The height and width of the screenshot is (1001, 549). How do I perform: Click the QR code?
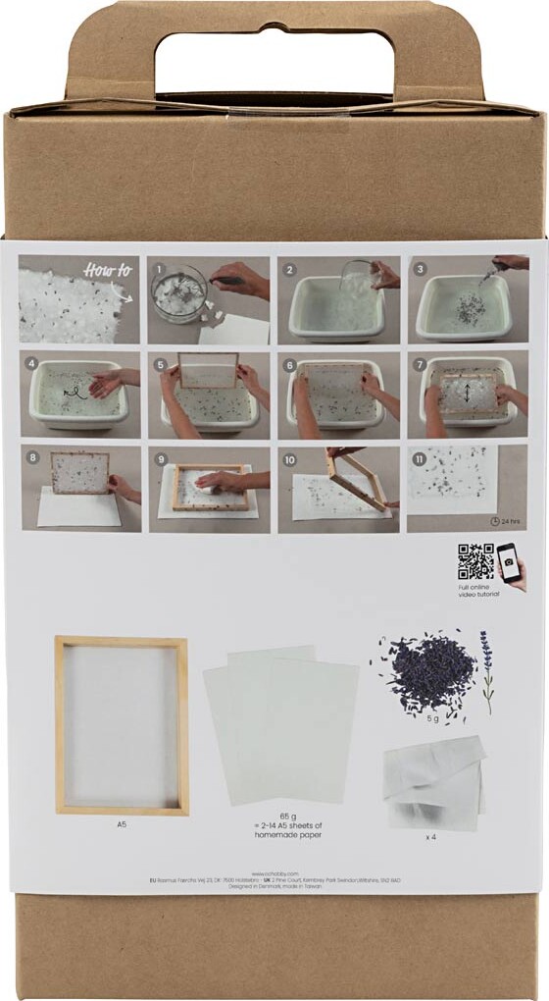pyautogui.click(x=475, y=561)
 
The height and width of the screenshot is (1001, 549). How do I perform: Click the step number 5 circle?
pyautogui.click(x=160, y=362)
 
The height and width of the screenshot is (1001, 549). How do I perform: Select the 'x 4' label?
pyautogui.click(x=432, y=836)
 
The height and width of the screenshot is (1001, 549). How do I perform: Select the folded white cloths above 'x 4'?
pyautogui.click(x=434, y=780)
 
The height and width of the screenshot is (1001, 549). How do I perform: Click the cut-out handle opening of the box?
pyautogui.click(x=274, y=63)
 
